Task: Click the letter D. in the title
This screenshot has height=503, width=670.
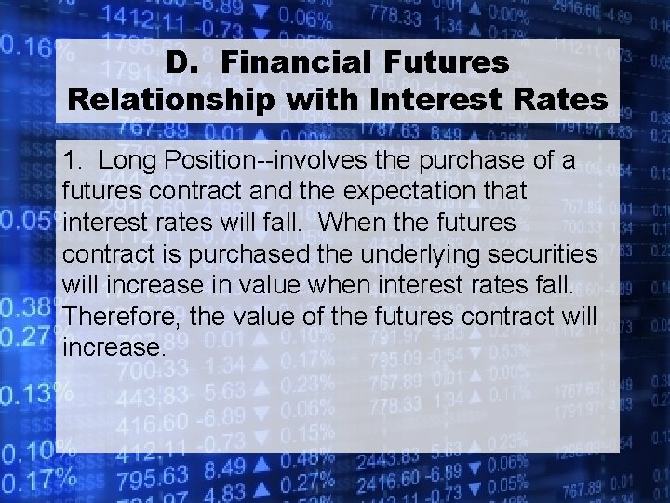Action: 183,62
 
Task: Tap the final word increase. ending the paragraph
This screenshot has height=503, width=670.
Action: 114,347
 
